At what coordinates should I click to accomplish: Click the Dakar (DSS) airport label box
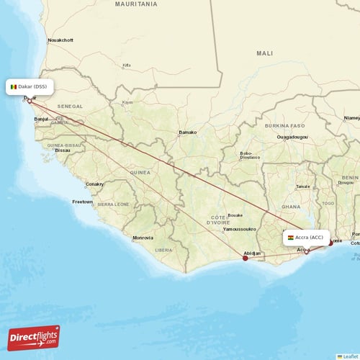click(x=30, y=87)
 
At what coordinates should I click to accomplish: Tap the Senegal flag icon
click(x=14, y=87)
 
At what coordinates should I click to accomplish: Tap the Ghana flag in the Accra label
click(x=290, y=238)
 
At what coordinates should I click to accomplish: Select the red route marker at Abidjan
click(x=246, y=258)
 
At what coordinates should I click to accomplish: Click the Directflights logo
click(x=34, y=337)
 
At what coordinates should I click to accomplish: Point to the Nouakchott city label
click(x=60, y=40)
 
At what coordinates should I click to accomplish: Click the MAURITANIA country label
click(x=135, y=4)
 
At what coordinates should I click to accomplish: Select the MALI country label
click(x=264, y=53)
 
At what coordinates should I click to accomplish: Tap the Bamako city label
click(x=187, y=132)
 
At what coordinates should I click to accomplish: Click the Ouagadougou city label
click(x=292, y=136)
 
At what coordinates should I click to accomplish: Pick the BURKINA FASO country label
click(x=285, y=125)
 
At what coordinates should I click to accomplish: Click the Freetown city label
click(x=82, y=202)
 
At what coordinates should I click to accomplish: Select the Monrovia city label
click(x=143, y=238)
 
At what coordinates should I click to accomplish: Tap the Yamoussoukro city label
click(x=239, y=229)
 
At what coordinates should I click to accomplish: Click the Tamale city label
click(x=303, y=186)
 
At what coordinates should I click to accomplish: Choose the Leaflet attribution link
click(x=348, y=356)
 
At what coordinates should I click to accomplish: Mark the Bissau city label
click(x=63, y=150)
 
